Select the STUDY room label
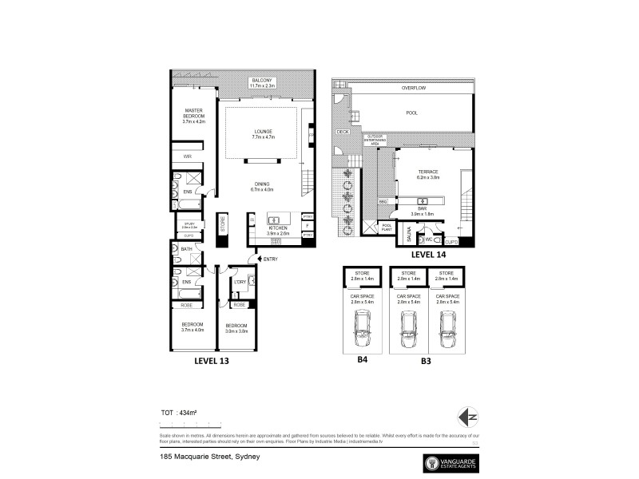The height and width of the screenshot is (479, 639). [189, 226]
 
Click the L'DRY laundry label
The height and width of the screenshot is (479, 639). [240, 282]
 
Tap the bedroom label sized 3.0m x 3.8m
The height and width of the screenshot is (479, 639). [237, 328]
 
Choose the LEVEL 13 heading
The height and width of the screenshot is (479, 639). [217, 361]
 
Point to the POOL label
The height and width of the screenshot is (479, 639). [411, 113]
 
